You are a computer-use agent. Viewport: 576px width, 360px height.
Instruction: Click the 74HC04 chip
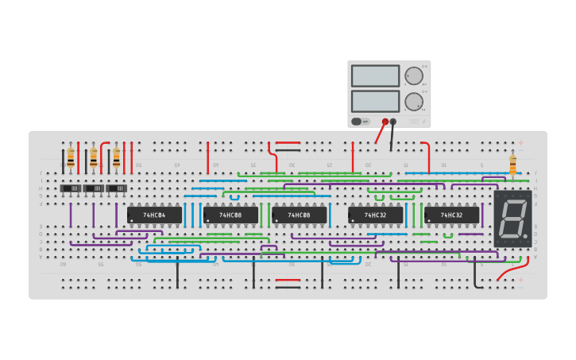[154, 215]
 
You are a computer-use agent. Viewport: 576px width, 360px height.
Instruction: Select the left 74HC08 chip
[230, 215]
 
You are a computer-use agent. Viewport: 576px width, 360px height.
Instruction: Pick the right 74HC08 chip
[299, 215]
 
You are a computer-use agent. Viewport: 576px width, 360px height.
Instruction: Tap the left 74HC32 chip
[375, 215]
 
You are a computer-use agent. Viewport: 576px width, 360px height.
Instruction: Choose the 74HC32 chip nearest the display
[451, 215]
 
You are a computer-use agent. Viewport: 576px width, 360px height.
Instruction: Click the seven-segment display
[512, 218]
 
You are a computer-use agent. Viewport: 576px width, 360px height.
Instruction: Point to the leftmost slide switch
[72, 188]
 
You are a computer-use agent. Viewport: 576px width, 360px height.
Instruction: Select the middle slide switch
[94, 188]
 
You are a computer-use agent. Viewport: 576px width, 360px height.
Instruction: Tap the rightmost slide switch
[117, 188]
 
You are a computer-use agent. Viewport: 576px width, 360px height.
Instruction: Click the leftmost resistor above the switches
[71, 157]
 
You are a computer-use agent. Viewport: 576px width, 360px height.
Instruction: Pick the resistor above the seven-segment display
[512, 165]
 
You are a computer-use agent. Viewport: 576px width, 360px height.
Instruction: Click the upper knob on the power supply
[414, 76]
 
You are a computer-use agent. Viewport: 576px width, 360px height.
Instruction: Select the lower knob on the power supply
[414, 102]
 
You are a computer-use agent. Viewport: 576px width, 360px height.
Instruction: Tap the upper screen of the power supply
[375, 76]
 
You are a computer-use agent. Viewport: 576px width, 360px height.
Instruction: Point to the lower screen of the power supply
[375, 101]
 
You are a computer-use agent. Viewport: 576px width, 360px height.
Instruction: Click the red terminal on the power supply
[385, 122]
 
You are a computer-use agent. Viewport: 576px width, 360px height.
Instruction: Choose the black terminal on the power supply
[393, 122]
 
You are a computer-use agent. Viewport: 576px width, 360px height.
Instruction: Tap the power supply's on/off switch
[357, 122]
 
